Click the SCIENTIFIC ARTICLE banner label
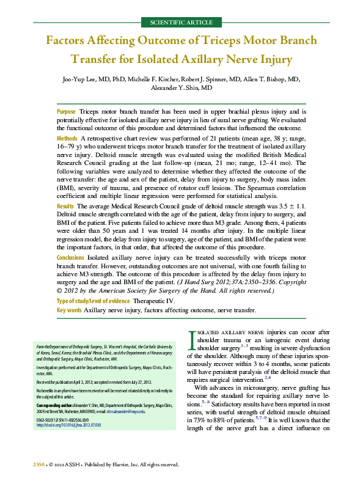[182, 23]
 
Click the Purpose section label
[66, 112]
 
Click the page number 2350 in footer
[38, 464]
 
